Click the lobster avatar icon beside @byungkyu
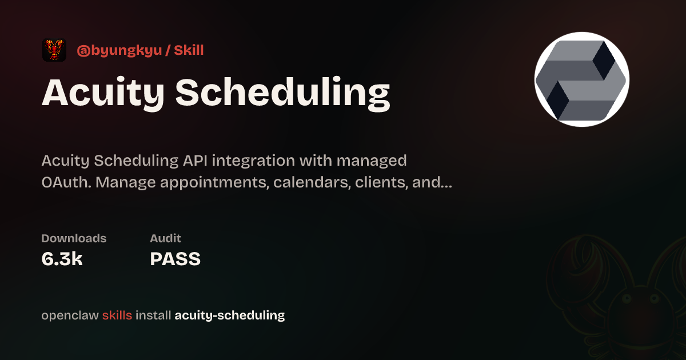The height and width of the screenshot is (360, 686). [54, 50]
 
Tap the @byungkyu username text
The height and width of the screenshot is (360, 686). [119, 50]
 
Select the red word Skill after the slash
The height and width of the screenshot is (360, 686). [189, 50]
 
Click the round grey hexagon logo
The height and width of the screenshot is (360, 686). [582, 79]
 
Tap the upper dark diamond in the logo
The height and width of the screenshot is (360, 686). [604, 60]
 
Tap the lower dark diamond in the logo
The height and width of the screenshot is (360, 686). [558, 101]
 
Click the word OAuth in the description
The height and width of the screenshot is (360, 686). [66, 182]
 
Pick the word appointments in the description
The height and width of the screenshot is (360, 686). [214, 183]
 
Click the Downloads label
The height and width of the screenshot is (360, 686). [74, 238]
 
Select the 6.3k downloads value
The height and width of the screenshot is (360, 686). [62, 259]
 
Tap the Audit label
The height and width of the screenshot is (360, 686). [165, 238]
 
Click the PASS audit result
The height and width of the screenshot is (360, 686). [175, 259]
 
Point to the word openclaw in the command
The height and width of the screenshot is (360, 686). [70, 315]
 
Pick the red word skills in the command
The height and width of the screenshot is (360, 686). [117, 315]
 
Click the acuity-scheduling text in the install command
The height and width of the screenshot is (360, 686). [230, 315]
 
